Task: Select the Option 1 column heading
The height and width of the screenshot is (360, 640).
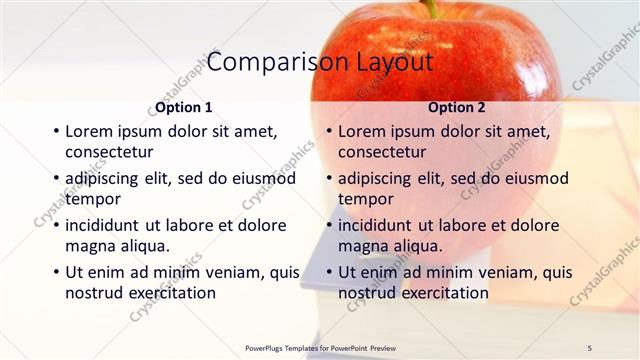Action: pos(184,107)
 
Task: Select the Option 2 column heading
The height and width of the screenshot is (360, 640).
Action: pos(457,107)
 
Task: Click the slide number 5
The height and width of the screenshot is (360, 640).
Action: pos(590,347)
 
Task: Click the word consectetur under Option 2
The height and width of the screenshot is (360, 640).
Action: pos(382,152)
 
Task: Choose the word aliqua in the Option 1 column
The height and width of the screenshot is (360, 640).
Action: pos(144,246)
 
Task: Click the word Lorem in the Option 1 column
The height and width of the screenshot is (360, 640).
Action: pos(89,131)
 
